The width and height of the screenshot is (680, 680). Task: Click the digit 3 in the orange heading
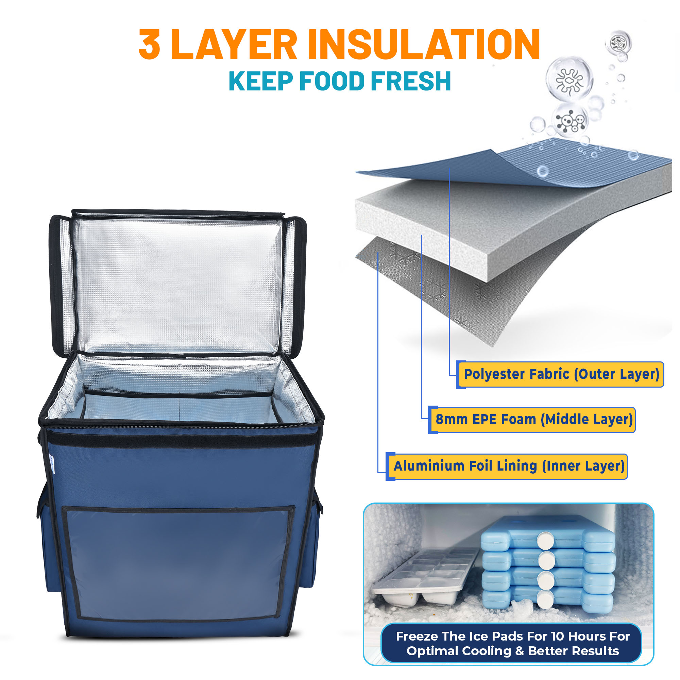[x=150, y=44]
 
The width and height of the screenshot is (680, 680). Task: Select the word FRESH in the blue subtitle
[x=411, y=81]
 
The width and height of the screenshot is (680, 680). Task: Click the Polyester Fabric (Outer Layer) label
[x=560, y=374]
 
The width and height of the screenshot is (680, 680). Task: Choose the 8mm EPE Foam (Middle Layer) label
[x=532, y=420]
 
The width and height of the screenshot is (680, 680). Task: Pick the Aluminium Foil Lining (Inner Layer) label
[x=507, y=466]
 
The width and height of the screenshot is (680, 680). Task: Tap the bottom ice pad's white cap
[x=546, y=600]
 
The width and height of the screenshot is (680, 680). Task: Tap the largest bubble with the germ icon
[x=569, y=79]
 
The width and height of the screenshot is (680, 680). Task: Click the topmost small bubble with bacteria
[x=618, y=43]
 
